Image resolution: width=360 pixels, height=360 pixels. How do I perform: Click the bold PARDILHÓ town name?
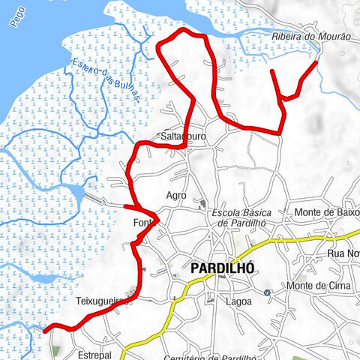[223, 268]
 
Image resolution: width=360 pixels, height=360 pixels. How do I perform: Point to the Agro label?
[175, 195]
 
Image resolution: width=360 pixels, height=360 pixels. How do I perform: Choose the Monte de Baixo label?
[325, 212]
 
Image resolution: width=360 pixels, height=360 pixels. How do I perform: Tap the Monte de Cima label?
[316, 286]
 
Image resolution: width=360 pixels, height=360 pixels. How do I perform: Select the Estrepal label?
[94, 353]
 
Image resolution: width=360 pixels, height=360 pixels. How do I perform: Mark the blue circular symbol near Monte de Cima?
[268, 292]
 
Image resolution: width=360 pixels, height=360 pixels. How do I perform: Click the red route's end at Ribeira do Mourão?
[316, 62]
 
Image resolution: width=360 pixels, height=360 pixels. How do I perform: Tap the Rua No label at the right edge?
[344, 253]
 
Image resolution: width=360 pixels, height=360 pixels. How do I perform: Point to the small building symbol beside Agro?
[202, 202]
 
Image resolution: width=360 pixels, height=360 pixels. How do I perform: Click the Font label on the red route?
[142, 224]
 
